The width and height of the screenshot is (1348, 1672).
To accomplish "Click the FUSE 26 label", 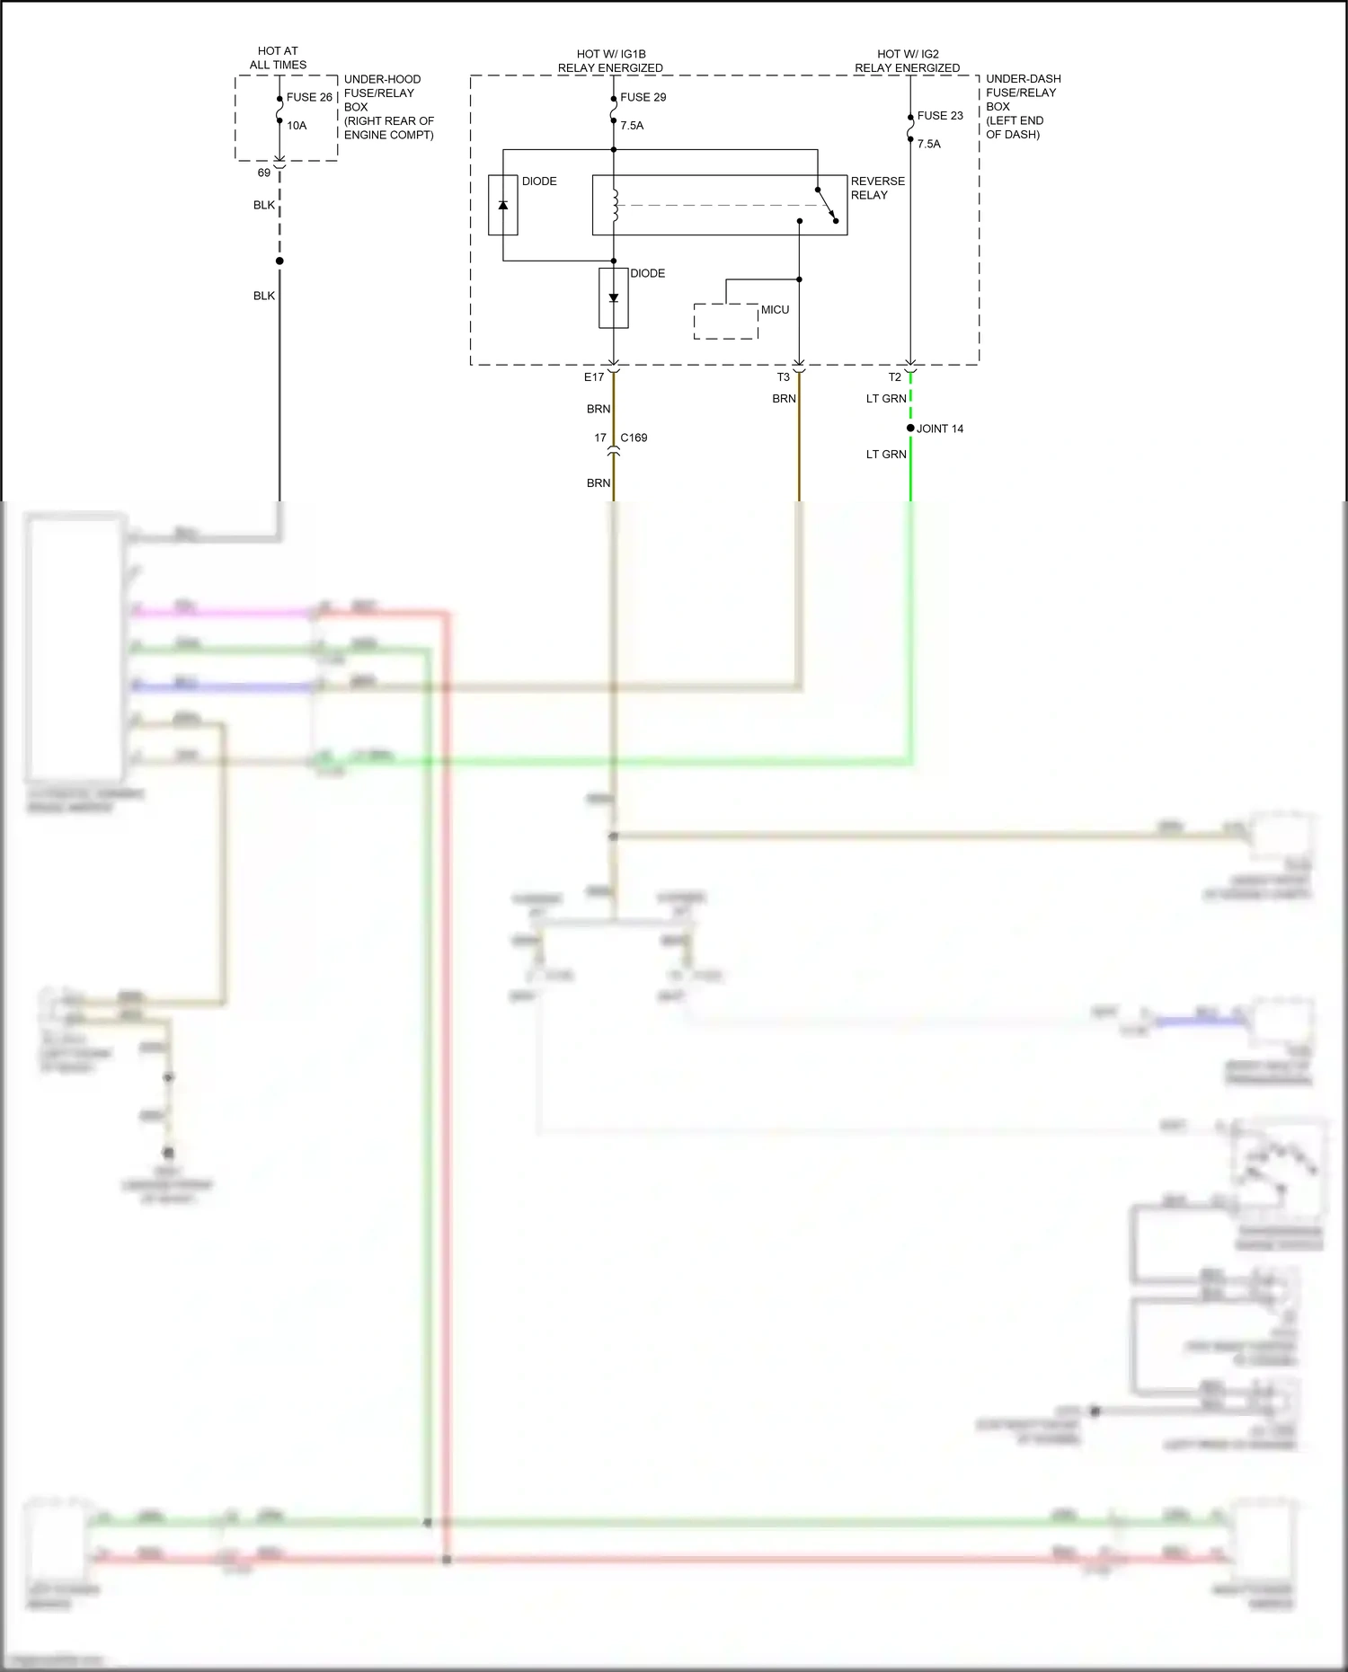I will pyautogui.click(x=309, y=97).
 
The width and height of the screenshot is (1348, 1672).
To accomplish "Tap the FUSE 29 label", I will pyautogui.click(x=643, y=97).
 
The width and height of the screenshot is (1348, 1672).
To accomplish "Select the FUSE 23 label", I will pyautogui.click(x=940, y=116).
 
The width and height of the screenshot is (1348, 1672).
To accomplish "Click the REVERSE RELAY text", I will pyautogui.click(x=877, y=188).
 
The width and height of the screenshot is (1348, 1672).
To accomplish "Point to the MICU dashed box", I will pyautogui.click(x=725, y=322).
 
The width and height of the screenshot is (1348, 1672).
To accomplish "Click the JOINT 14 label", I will pyautogui.click(x=939, y=429).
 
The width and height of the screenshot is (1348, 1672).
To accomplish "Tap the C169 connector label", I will pyautogui.click(x=634, y=438).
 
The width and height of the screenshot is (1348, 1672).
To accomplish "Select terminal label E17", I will pyautogui.click(x=594, y=377).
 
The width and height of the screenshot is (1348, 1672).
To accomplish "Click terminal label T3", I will pyautogui.click(x=783, y=377).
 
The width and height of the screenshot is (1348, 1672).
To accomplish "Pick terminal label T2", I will pyautogui.click(x=894, y=377).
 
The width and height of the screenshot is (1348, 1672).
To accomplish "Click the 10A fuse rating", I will pyautogui.click(x=297, y=126).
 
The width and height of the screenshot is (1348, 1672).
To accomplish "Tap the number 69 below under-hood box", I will pyautogui.click(x=263, y=173).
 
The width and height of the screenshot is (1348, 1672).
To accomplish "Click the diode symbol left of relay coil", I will pyautogui.click(x=503, y=205).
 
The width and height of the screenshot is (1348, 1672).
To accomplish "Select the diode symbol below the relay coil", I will pyautogui.click(x=614, y=297).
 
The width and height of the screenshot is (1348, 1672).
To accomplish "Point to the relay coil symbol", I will pyautogui.click(x=615, y=205).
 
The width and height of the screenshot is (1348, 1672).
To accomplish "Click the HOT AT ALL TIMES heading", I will pyautogui.click(x=278, y=58).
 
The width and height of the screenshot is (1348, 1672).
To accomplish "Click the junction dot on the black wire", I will pyautogui.click(x=279, y=261).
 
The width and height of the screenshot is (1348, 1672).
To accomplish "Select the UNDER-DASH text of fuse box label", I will pyautogui.click(x=1023, y=79).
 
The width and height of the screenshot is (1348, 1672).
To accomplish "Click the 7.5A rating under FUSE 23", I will pyautogui.click(x=928, y=144).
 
